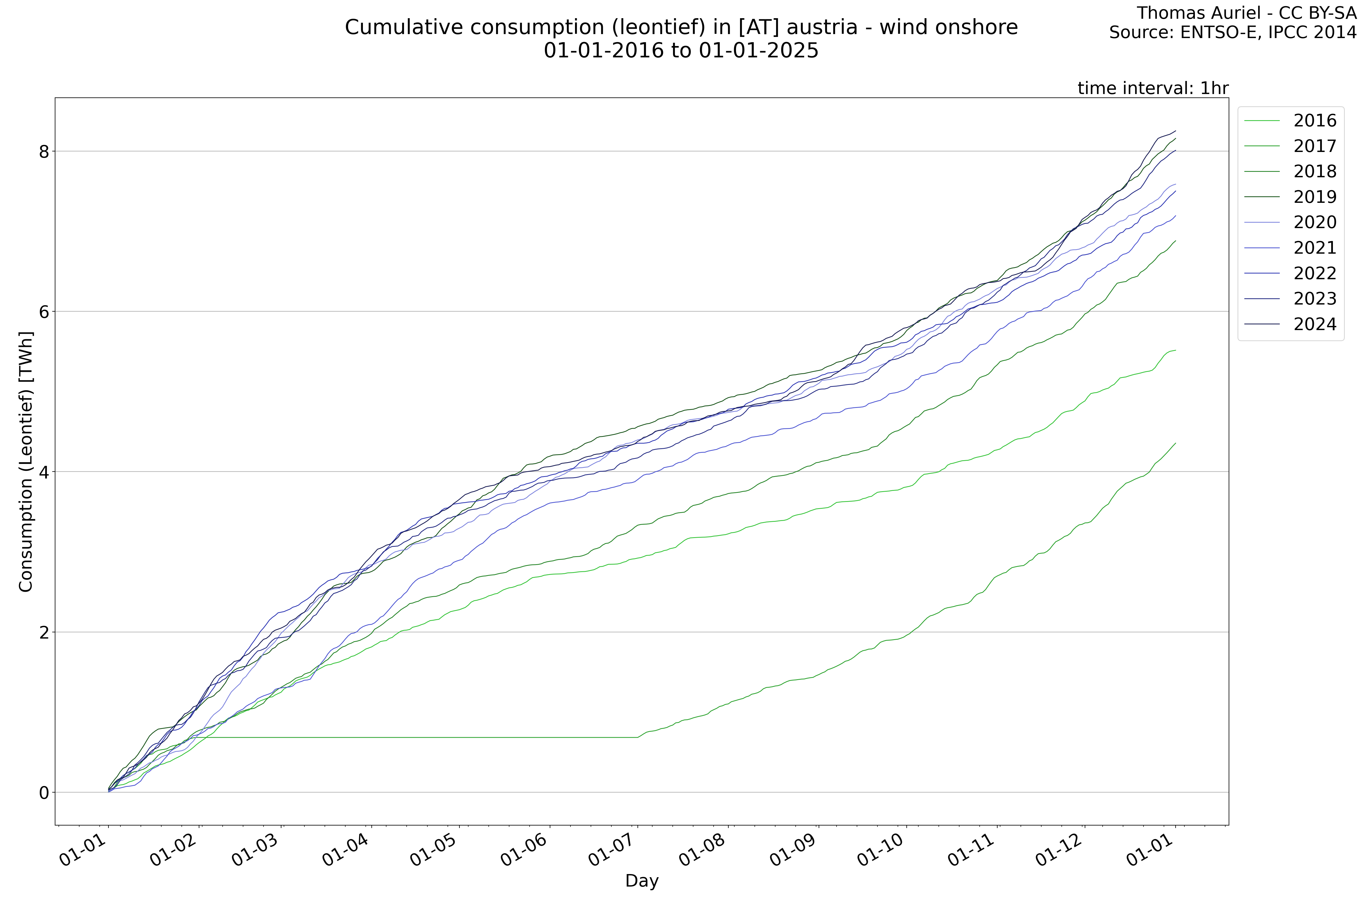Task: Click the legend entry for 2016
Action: coord(1314,120)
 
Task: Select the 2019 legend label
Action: coord(1314,197)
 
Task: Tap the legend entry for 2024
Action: coord(1314,324)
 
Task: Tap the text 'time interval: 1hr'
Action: coord(1153,88)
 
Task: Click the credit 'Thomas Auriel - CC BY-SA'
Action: coord(1246,13)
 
